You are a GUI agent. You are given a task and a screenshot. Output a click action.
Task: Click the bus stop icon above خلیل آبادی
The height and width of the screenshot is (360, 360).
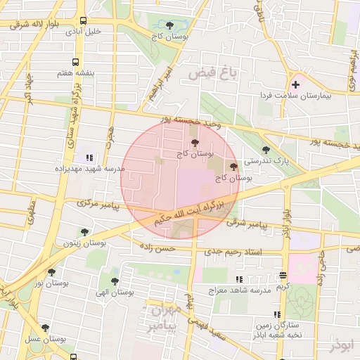click(84, 20)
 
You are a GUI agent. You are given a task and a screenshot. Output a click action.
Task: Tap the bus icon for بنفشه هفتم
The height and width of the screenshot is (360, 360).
click(75, 62)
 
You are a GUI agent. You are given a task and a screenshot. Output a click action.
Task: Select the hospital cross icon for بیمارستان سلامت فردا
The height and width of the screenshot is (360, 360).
click(295, 84)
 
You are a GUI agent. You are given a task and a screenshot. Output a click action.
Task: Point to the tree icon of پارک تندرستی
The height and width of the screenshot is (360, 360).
click(265, 150)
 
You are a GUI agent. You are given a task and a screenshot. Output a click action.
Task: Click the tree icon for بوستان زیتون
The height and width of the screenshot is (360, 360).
click(84, 232)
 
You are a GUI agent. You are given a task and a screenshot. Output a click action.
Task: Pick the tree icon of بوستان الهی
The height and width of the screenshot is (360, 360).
click(115, 281)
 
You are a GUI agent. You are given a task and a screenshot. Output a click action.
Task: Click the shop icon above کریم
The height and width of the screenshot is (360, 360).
click(283, 276)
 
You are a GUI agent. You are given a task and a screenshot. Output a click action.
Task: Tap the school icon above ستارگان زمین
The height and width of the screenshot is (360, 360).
click(277, 314)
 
